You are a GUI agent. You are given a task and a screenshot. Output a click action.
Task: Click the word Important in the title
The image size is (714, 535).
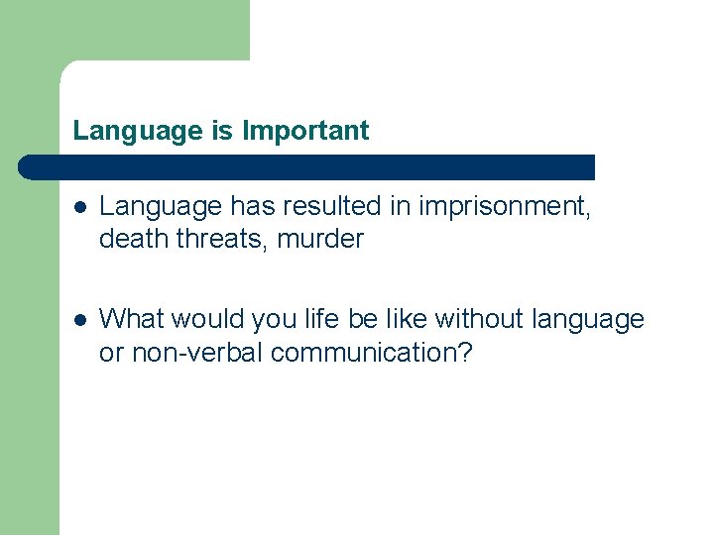coord(305,131)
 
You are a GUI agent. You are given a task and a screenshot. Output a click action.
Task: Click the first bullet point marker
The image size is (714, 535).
coord(80,207)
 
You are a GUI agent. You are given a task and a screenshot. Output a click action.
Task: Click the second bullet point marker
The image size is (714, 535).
coord(80,320)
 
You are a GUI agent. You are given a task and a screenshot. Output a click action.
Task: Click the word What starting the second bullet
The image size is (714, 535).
coord(131,320)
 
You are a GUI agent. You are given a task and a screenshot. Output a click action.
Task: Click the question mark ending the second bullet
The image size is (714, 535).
coord(464,352)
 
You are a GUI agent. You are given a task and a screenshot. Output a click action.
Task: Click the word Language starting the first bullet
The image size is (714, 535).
coord(161,207)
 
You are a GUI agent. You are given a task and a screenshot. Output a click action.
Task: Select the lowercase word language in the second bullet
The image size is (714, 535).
coord(588,320)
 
